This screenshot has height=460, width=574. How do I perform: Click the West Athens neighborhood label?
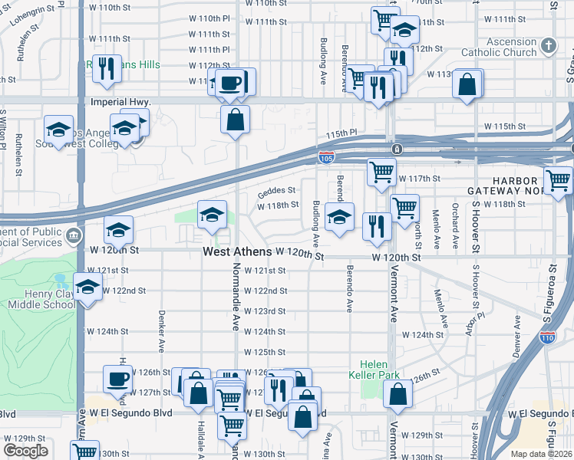pyautogui.click(x=237, y=252)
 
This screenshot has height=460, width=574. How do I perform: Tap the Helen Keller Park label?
pyautogui.click(x=377, y=371)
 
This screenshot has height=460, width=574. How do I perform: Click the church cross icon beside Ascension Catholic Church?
pyautogui.click(x=548, y=47)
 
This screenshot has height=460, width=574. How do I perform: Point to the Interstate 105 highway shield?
pyautogui.click(x=325, y=157)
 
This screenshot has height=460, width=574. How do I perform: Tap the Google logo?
pyautogui.click(x=25, y=451)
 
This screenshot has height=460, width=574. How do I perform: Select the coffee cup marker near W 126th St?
pyautogui.click(x=118, y=379)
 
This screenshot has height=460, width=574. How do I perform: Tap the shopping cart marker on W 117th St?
pyautogui.click(x=381, y=172)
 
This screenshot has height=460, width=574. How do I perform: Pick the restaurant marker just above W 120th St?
pyautogui.click(x=377, y=225)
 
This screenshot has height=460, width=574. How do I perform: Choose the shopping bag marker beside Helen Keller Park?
pyautogui.click(x=398, y=394)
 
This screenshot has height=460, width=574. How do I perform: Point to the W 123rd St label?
pyautogui.click(x=265, y=311)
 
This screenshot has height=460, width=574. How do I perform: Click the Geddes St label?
pyautogui.click(x=276, y=190)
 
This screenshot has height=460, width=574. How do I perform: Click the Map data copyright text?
pyautogui.click(x=541, y=454)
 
